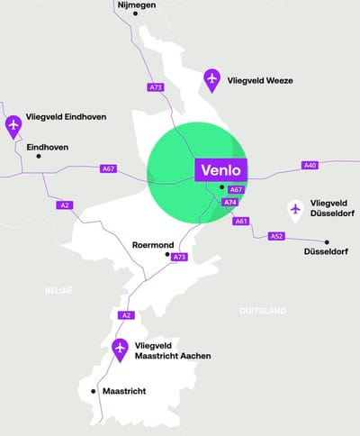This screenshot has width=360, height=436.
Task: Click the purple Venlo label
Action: [x=220, y=169]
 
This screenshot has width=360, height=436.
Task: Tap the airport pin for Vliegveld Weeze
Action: [x=211, y=79]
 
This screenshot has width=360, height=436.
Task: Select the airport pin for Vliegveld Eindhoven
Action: [x=13, y=124]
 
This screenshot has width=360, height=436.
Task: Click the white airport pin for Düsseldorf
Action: [x=294, y=210]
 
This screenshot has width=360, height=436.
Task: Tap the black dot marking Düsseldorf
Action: [x=328, y=241]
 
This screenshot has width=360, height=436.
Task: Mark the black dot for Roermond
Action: [x=166, y=255]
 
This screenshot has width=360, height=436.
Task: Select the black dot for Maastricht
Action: [x=94, y=391]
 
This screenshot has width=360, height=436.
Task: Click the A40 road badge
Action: [x=310, y=165]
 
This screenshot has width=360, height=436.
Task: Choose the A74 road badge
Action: [x=229, y=203]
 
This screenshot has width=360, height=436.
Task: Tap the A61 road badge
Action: [x=240, y=221]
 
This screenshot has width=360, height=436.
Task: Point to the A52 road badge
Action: [x=276, y=236]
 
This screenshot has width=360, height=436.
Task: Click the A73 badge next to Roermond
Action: [x=179, y=258]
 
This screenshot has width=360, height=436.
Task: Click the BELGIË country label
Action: [x=58, y=290]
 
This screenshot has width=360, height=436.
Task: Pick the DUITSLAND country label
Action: [x=263, y=311]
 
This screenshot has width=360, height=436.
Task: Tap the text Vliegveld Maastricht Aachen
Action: [x=173, y=350]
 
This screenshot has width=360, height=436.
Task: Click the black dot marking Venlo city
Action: [x=221, y=187]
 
